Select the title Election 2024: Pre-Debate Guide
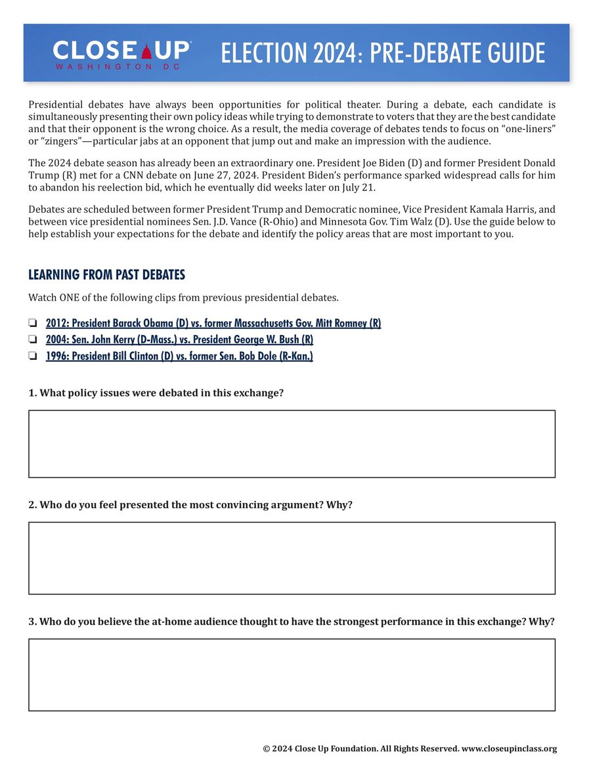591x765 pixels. point(383,53)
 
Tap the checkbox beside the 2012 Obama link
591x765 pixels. point(32,324)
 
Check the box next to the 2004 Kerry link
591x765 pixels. point(32,340)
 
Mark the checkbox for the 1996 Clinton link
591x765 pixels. point(32,357)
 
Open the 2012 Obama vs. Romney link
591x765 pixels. point(213,323)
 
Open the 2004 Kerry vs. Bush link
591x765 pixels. point(179,339)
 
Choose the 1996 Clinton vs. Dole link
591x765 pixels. point(179,356)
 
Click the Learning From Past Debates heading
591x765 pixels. point(106,274)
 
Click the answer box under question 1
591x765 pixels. point(292,444)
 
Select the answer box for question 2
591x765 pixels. point(292,558)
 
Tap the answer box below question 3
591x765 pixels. point(292,674)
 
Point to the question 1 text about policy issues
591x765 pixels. point(156,393)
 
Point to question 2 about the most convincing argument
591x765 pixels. point(190,505)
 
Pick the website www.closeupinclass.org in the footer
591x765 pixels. point(509,749)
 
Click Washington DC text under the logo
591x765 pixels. point(113,67)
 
